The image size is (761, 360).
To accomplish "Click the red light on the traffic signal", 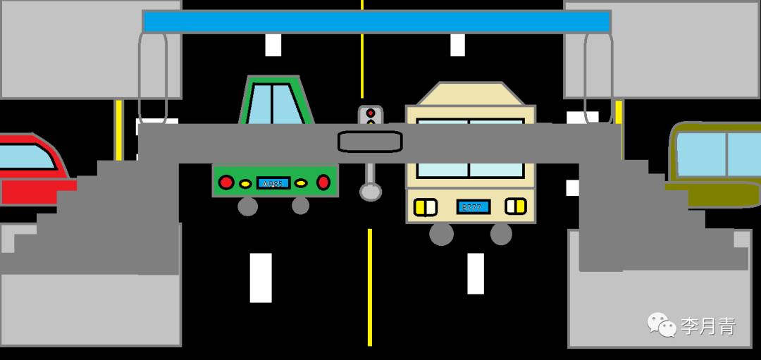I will click(x=371, y=113).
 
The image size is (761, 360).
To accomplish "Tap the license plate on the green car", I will click(x=273, y=183).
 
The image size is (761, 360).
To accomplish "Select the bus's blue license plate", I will click(x=474, y=207).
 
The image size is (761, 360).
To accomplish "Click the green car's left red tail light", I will click(x=226, y=182).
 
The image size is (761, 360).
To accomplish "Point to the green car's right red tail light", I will click(x=323, y=182).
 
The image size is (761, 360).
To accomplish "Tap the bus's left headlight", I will click(x=425, y=207).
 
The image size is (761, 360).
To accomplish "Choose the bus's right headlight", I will click(x=516, y=206).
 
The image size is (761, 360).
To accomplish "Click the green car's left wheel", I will click(x=247, y=206).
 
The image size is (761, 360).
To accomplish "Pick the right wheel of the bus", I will click(x=501, y=234).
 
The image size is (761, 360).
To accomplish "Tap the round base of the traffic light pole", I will click(x=370, y=192).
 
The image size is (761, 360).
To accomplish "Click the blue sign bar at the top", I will click(x=376, y=22).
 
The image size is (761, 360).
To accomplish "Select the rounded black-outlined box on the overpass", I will click(x=370, y=142).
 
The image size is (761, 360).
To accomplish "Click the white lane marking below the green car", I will click(x=261, y=277).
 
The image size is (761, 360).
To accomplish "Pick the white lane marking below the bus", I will click(x=476, y=273).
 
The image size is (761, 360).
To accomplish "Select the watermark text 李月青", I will click(x=708, y=326).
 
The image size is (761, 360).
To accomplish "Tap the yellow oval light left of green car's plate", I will click(x=245, y=184).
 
